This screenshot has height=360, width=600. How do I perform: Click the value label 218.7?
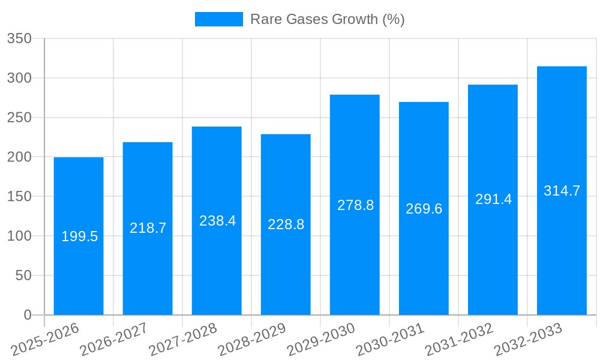coord(148,228)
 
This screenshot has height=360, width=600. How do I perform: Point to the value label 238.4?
coord(217,221)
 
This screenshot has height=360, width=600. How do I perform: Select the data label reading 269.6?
coord(424,209)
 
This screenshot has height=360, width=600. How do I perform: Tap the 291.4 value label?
coord(493,199)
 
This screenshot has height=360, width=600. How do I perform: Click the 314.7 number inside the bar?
coord(562,191)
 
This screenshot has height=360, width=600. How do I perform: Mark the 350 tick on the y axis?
coord(19,39)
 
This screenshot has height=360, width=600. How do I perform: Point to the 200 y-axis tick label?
coord(19,157)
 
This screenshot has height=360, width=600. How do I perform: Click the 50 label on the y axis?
coord(23,275)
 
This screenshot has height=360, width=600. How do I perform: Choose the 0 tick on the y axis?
coord(28,315)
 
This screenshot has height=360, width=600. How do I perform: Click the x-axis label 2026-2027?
coord(114,340)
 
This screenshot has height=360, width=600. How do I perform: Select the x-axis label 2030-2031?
coord(390,340)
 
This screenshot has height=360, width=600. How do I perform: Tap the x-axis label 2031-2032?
coord(459,340)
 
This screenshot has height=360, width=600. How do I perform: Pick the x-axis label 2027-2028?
coord(183,340)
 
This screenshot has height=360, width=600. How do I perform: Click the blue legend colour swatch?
coord(218,19)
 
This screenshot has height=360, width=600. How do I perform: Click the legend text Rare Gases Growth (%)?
coord(327,19)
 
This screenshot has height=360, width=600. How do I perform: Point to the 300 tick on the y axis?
coord(19,79)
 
